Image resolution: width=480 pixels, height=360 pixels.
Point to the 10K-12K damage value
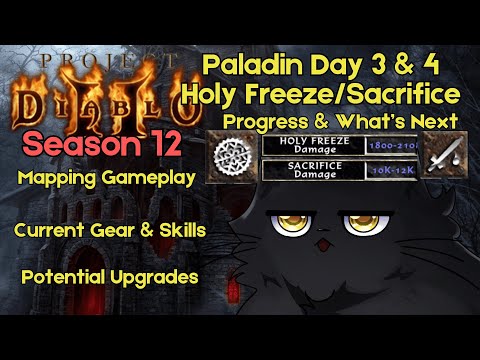click(x=388, y=170)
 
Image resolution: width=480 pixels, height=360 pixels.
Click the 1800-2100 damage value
click(x=388, y=145)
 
